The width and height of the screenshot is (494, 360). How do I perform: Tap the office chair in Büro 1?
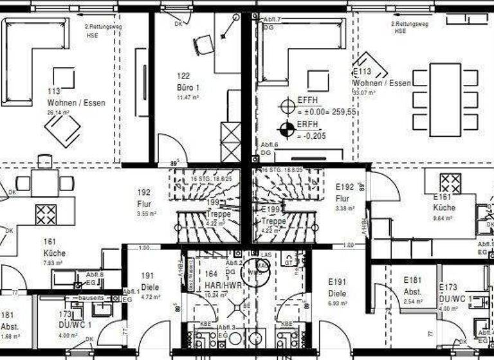(204, 44)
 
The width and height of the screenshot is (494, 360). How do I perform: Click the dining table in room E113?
(445, 100)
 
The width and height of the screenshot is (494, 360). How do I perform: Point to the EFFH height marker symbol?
(286, 106)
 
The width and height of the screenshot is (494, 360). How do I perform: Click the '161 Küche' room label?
(54, 248)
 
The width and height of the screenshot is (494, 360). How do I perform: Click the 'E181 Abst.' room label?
(412, 286)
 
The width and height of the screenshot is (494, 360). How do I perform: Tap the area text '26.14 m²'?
(58, 112)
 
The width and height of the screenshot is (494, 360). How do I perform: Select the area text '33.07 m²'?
(365, 93)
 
